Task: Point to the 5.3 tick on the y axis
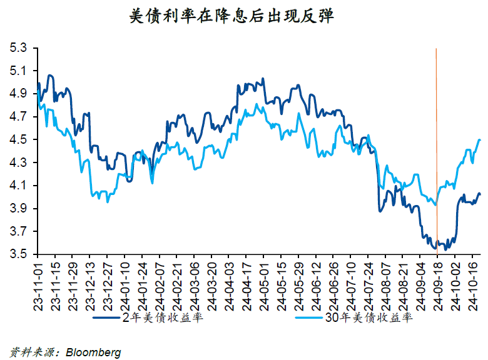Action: pyautogui.click(x=19, y=48)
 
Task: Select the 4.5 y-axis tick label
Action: pyautogui.click(x=19, y=140)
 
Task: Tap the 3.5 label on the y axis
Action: pyautogui.click(x=19, y=254)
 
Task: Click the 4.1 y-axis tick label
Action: pyautogui.click(x=19, y=186)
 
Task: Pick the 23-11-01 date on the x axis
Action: pyautogui.click(x=38, y=284)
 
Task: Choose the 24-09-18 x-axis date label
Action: pyautogui.click(x=436, y=284)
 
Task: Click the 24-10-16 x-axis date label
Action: pyautogui.click(x=470, y=284)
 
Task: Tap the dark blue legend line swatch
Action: pyautogui.click(x=106, y=318)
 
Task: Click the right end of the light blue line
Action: pyautogui.click(x=480, y=140)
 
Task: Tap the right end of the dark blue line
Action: pyautogui.click(x=480, y=194)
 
